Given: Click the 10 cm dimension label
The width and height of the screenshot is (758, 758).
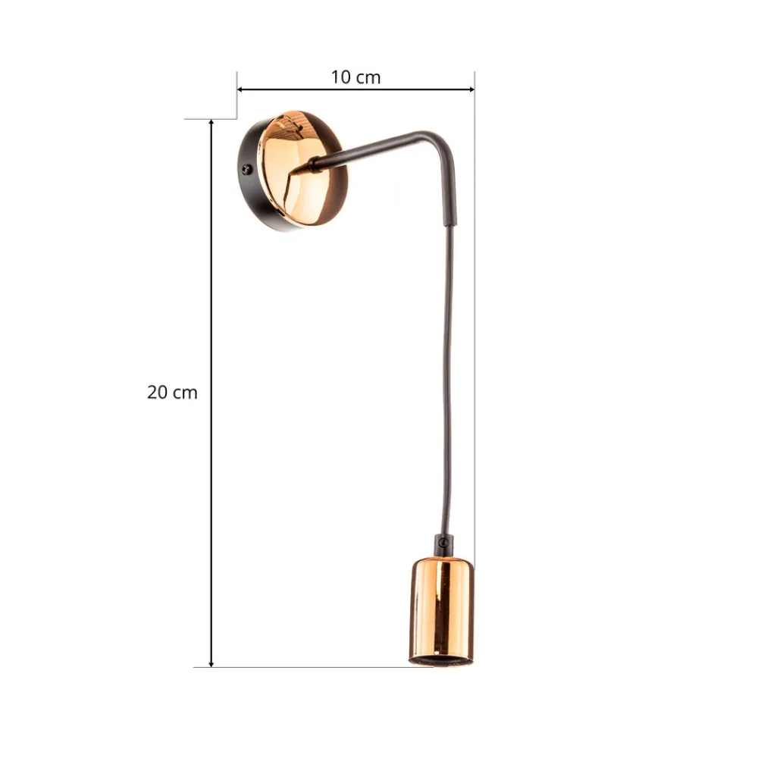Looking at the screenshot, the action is point(356,77).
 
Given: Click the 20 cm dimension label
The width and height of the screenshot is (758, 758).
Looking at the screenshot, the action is point(172,392).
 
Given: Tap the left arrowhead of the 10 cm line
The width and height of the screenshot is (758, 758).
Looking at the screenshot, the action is point(240,89).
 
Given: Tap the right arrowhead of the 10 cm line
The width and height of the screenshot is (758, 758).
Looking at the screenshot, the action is point(471,89).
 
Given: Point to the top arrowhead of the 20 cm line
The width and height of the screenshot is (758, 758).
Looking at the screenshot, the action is point(211,123).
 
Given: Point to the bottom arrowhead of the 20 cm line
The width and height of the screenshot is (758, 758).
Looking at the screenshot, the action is point(211,663).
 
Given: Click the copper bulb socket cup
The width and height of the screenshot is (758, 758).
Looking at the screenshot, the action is point(441,612).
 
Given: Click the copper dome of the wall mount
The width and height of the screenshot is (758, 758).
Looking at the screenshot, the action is point(299,168).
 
